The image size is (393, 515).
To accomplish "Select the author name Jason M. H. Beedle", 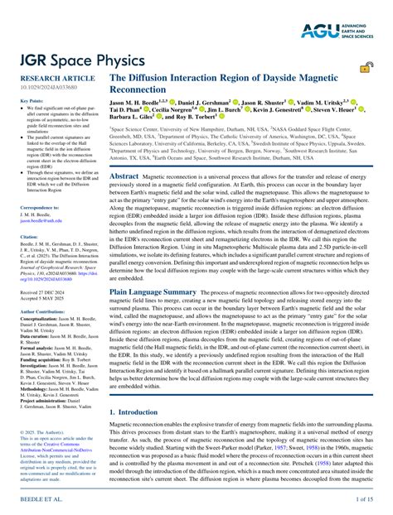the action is (x=142, y=103).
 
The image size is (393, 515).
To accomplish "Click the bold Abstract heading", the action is (x=124, y=176).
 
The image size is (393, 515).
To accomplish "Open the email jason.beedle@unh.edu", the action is (x=41, y=221).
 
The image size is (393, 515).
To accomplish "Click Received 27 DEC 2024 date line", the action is (x=42, y=292).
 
